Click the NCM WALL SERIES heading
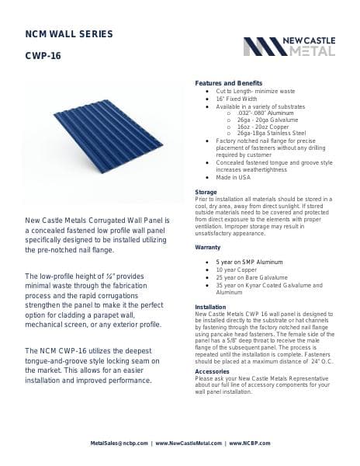click(x=70, y=34)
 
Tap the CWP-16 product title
click(x=43, y=56)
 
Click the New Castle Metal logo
click(x=289, y=46)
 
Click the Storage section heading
click(x=206, y=191)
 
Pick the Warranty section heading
click(x=208, y=247)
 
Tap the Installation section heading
click(x=210, y=308)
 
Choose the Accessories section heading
click(x=212, y=371)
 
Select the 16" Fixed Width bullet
click(x=239, y=99)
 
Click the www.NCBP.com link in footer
click(x=249, y=443)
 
